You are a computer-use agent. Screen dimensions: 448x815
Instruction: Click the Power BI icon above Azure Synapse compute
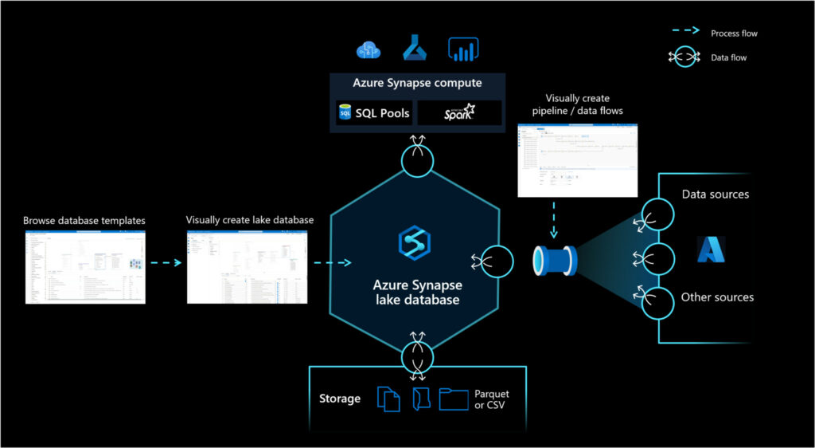coord(462,49)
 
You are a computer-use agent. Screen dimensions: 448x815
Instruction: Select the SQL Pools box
coord(373,113)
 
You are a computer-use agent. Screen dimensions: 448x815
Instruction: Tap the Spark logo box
coord(459,113)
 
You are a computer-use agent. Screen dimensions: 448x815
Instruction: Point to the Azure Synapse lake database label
coord(417,292)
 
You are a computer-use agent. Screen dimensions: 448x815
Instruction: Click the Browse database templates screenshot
coord(85,267)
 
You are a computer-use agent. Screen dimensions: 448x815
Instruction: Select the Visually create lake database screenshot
coord(247,267)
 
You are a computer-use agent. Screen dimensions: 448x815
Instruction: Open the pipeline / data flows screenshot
coord(578,160)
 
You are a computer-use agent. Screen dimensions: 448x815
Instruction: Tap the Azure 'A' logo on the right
coord(711,249)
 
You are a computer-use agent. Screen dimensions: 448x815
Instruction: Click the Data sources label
coord(715,195)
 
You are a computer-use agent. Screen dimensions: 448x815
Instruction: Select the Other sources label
coord(716,297)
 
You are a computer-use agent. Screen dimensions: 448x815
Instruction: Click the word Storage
coord(340,399)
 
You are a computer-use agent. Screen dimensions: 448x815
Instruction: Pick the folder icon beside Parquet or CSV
coord(454,399)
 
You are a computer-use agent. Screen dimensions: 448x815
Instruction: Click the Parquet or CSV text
coord(491,399)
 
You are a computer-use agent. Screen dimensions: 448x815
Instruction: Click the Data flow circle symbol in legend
coord(683,57)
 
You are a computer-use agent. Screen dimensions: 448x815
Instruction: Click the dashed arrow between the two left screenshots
coord(166,262)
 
